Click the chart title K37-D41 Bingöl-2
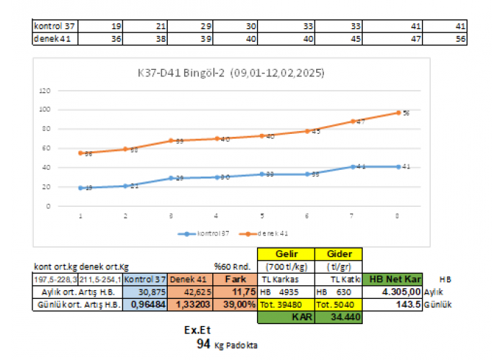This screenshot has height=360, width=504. pos(230,73)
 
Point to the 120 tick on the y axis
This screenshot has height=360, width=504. pos(45,91)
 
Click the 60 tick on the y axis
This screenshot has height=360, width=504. pos(46,148)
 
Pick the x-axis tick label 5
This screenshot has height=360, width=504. pos(262,215)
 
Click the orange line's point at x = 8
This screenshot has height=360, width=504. pos(397,112)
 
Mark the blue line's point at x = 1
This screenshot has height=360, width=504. pos(81,187)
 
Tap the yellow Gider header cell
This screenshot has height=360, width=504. pos(338,253)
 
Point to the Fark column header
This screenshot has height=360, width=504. pos(233,279)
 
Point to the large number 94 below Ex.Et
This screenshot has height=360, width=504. pos(202,345)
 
